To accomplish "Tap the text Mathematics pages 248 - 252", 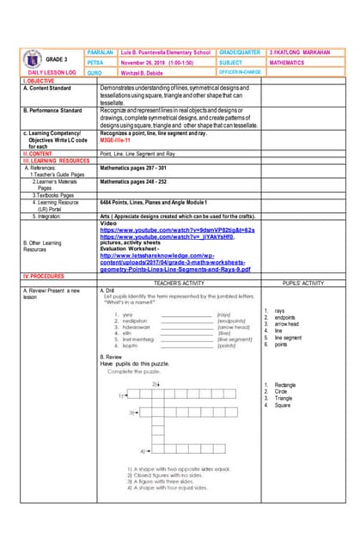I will pyautogui.click(x=136, y=182).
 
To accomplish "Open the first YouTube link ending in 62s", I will pyautogui.click(x=177, y=230).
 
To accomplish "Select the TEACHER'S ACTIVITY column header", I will pyautogui.click(x=179, y=283).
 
